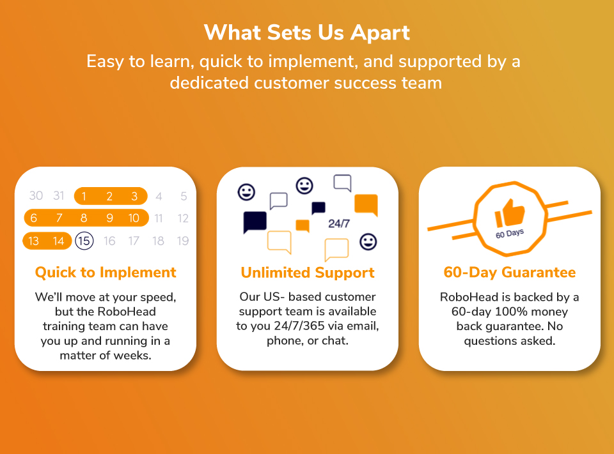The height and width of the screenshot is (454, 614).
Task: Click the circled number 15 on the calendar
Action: click(x=84, y=241)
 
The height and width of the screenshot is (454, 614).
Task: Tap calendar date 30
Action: click(x=36, y=195)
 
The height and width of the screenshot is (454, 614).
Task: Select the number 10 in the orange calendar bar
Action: click(x=134, y=218)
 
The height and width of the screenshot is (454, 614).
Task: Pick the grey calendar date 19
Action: click(x=183, y=241)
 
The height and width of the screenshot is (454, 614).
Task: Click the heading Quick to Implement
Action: click(x=106, y=273)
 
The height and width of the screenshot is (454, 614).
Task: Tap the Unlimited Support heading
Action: click(x=308, y=273)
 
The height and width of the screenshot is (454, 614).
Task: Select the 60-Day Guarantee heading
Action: click(x=510, y=272)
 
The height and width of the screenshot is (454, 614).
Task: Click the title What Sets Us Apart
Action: click(x=307, y=32)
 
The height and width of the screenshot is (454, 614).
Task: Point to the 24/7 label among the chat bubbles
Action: click(x=339, y=223)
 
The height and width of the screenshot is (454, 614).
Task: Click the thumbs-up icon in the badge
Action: click(x=510, y=213)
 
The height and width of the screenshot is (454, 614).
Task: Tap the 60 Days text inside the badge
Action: click(x=510, y=234)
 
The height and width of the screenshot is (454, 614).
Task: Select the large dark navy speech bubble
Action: click(x=255, y=222)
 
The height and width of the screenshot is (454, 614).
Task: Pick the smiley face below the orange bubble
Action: click(x=368, y=242)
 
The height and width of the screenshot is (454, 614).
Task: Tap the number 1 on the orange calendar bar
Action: click(x=84, y=196)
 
